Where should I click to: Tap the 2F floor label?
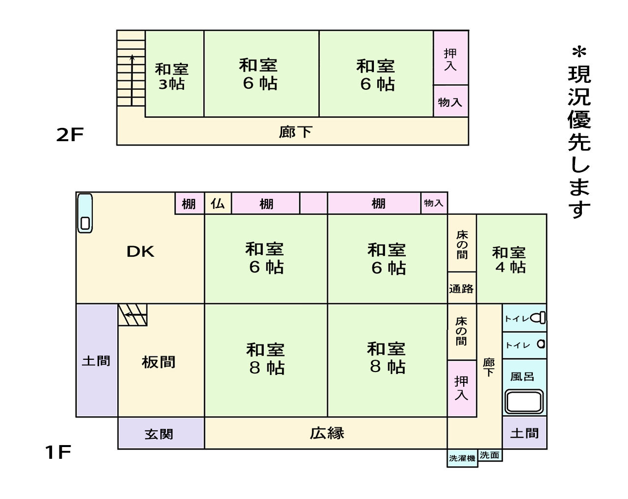point(70,135)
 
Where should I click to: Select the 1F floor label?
point(58,452)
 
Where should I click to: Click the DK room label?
point(140,251)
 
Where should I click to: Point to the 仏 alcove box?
point(217,203)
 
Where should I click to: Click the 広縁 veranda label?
point(327,433)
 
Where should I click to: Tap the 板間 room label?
point(158,362)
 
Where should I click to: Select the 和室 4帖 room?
point(510,259)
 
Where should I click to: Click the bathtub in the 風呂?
point(524,402)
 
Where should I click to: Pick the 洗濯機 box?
point(462,458)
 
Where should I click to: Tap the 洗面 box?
point(490,455)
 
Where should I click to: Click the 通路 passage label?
point(461,289)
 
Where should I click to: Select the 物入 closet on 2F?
point(450,102)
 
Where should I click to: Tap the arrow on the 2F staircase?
point(132,78)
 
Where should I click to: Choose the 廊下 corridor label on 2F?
point(295,132)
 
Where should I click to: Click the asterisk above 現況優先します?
point(579,51)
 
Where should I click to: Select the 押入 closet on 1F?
point(461,388)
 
